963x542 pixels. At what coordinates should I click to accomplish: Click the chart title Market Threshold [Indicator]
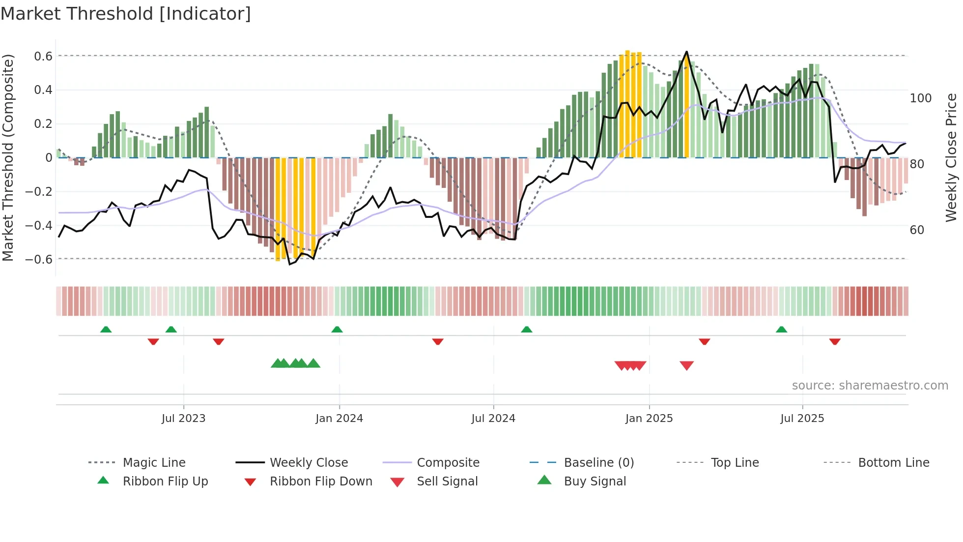click(x=126, y=14)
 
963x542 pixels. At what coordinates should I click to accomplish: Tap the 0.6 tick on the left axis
click(x=43, y=57)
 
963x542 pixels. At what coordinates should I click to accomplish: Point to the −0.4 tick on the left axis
click(x=39, y=226)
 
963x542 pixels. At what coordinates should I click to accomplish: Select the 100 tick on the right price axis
click(x=920, y=98)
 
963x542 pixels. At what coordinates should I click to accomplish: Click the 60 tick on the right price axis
click(x=917, y=230)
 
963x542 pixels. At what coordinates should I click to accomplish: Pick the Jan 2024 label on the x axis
click(x=339, y=419)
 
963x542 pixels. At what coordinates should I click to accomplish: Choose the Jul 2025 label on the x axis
click(x=802, y=419)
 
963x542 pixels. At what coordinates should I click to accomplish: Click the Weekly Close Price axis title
click(x=951, y=157)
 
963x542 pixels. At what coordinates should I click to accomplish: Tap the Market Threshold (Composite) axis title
click(x=8, y=157)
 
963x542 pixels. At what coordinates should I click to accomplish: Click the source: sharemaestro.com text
click(x=870, y=386)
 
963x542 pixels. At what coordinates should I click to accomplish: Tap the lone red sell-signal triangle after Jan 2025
click(x=686, y=365)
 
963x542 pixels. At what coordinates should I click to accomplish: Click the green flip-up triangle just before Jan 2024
click(x=337, y=330)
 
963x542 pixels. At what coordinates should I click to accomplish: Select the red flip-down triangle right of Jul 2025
click(x=834, y=341)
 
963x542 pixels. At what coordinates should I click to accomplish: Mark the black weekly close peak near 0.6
click(x=686, y=52)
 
